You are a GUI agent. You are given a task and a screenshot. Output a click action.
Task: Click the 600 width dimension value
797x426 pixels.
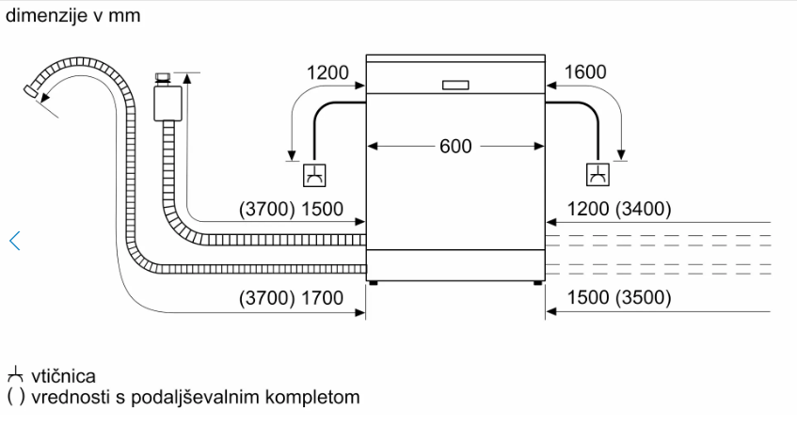click(x=455, y=146)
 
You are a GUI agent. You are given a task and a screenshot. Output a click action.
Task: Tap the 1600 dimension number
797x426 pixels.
click(x=585, y=72)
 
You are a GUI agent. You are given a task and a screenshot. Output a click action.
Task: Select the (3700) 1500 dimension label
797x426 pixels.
click(x=292, y=209)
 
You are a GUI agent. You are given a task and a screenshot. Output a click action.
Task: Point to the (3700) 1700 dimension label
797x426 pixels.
click(x=292, y=298)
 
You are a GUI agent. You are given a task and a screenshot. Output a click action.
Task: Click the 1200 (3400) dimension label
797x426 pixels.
click(x=618, y=209)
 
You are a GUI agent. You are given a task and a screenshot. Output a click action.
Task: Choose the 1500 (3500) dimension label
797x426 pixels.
click(x=618, y=297)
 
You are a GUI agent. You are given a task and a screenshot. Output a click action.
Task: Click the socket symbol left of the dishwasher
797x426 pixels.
click(x=314, y=175)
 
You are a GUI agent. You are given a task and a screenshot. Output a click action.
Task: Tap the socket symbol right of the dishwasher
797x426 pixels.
click(x=598, y=175)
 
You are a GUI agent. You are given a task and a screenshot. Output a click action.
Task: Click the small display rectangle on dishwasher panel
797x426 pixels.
click(x=455, y=86)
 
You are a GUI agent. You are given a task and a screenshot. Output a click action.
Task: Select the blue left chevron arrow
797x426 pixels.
click(x=15, y=241)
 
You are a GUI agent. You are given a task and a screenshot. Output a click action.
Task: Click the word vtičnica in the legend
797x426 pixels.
click(x=63, y=376)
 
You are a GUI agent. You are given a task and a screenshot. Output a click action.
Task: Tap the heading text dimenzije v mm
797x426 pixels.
click(x=72, y=16)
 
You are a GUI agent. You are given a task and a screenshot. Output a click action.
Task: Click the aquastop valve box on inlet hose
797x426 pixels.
click(x=167, y=103)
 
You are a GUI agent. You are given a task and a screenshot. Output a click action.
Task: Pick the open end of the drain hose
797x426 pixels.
click(x=30, y=91)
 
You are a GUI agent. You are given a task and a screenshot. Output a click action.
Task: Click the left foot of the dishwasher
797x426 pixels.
click(x=374, y=283)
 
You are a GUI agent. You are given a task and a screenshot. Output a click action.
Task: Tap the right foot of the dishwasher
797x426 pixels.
click(x=538, y=283)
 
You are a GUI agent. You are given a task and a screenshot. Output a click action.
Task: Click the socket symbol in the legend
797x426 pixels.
click(x=15, y=374)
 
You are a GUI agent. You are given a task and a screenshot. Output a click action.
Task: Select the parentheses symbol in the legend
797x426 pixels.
click(x=16, y=397)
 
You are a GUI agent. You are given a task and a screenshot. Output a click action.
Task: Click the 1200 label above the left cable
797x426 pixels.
click(x=327, y=73)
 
